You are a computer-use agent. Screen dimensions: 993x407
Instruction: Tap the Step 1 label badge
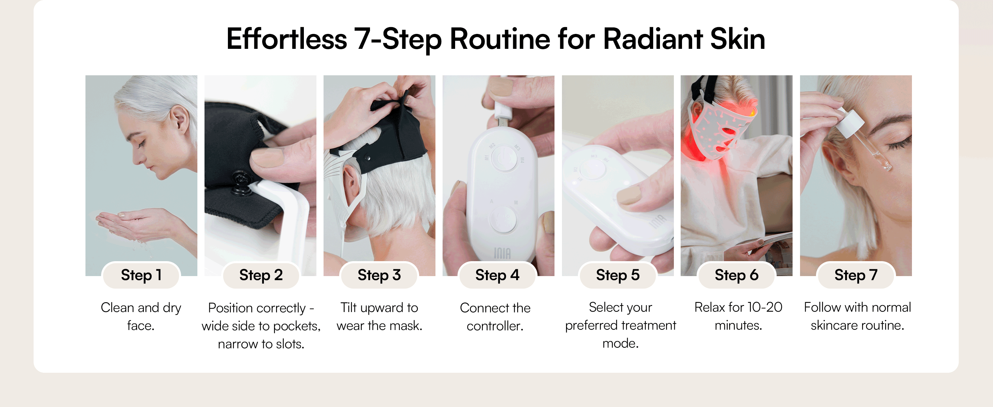141,275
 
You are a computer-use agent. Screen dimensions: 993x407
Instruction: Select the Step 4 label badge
497,275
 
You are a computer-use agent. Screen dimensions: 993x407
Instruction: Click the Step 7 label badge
856,275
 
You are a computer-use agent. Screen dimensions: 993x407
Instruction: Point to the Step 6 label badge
736,275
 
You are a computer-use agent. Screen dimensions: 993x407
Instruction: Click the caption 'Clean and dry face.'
141,316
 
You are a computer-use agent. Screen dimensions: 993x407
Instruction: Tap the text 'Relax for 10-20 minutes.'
738,316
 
